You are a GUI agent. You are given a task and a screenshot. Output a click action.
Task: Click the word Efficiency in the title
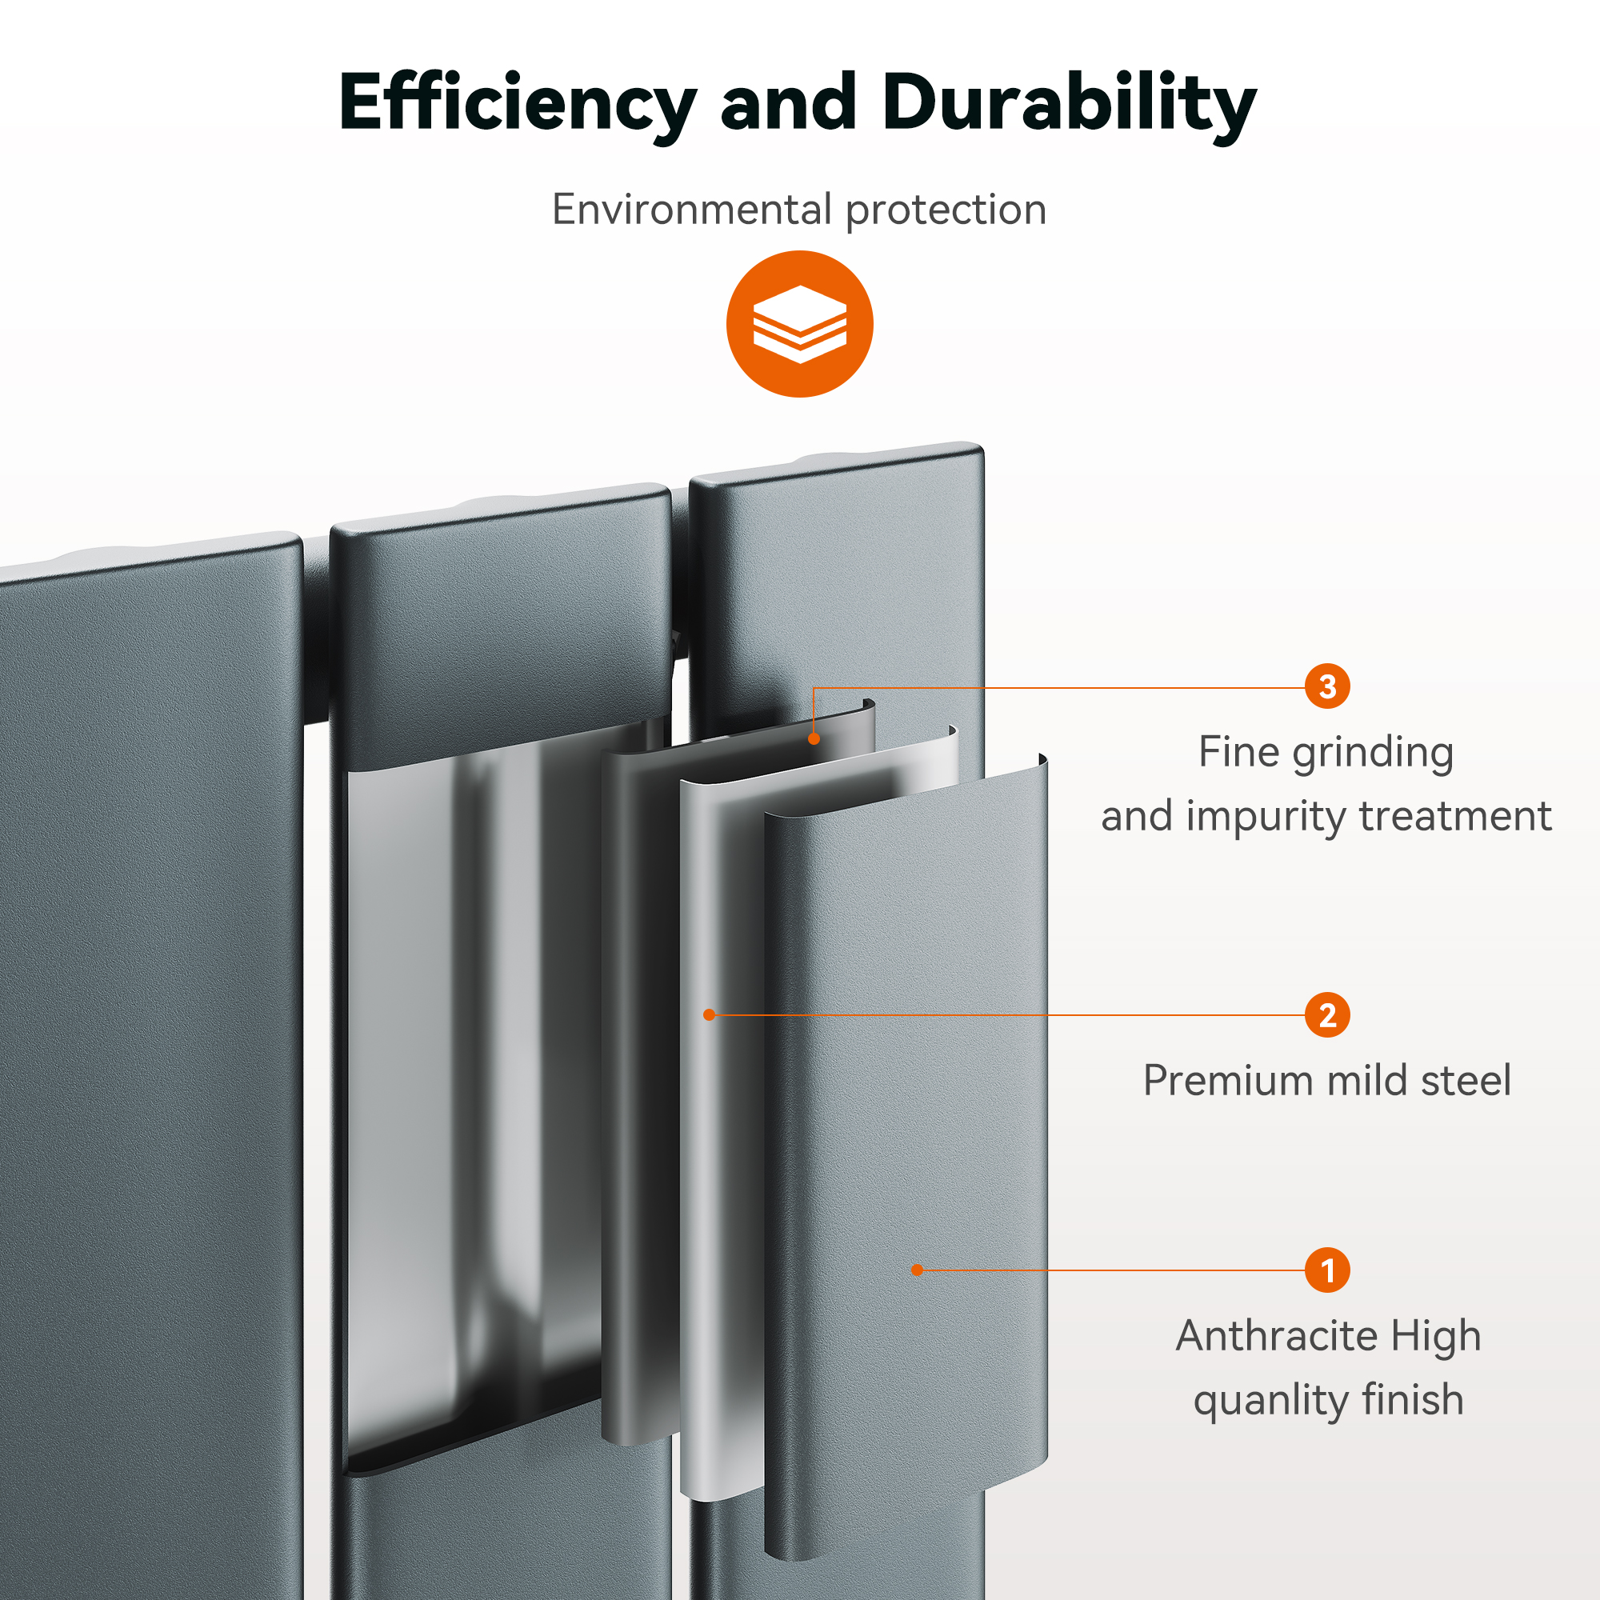pyautogui.click(x=518, y=102)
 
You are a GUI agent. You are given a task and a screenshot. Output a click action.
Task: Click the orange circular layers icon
pyautogui.click(x=799, y=324)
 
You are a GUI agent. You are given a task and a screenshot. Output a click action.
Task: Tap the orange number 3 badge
pyautogui.click(x=1326, y=686)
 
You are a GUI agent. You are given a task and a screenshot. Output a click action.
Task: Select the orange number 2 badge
pyautogui.click(x=1326, y=1014)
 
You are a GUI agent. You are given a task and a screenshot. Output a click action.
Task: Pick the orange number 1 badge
pyautogui.click(x=1326, y=1270)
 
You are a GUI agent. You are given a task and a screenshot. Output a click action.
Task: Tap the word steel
pyautogui.click(x=1465, y=1080)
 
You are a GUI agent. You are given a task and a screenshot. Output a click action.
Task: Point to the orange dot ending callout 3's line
pyautogui.click(x=814, y=738)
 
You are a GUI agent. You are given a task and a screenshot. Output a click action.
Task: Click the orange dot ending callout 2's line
pyautogui.click(x=709, y=1014)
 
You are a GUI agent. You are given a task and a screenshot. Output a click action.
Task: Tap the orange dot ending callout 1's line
pyautogui.click(x=917, y=1270)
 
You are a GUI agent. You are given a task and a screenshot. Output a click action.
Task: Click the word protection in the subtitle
pyautogui.click(x=946, y=210)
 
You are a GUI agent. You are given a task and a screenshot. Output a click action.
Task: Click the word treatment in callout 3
pyautogui.click(x=1456, y=817)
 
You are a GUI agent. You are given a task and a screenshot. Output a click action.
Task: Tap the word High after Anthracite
pyautogui.click(x=1436, y=1337)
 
